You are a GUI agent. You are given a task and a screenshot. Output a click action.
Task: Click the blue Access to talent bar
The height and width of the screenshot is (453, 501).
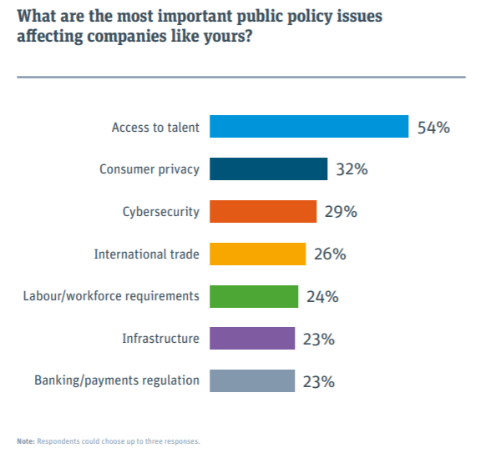[x=308, y=127]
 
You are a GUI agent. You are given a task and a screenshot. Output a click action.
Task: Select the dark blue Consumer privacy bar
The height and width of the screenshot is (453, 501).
[x=268, y=169]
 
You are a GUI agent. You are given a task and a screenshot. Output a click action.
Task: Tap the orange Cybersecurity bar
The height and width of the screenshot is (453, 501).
[x=263, y=212]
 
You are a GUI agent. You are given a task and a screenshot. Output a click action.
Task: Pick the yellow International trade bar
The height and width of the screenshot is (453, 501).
[x=257, y=254]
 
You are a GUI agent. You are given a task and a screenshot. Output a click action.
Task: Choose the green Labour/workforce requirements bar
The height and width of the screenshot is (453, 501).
[x=253, y=296]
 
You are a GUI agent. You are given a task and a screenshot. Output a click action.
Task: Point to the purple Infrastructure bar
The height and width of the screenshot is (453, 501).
[x=252, y=339]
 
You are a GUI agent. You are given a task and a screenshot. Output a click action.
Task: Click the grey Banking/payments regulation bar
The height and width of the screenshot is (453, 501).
[x=252, y=381]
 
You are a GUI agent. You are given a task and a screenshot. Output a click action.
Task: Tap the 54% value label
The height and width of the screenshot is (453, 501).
[x=433, y=127]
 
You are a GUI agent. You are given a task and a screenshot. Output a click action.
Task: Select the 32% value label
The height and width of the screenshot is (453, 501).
[x=352, y=169]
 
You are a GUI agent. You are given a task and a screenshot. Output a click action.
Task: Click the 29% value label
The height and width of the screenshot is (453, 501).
[x=341, y=212]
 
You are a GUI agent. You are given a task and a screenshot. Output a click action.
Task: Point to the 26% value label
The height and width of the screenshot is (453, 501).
[x=330, y=254]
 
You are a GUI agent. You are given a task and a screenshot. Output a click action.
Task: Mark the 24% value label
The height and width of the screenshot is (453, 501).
[x=321, y=296]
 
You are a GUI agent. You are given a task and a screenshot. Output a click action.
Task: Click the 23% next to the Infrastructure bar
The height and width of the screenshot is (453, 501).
[x=319, y=339]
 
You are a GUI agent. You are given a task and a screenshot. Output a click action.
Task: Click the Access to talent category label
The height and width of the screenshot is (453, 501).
[x=155, y=128]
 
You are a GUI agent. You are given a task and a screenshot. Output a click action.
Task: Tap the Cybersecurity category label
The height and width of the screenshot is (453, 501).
[x=161, y=212]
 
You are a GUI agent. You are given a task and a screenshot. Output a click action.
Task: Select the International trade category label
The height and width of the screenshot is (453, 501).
[x=146, y=254]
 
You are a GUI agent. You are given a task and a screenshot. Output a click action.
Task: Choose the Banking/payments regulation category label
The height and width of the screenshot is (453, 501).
[x=117, y=381]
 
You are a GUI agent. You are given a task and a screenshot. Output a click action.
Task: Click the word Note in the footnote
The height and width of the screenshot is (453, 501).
[x=25, y=440]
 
